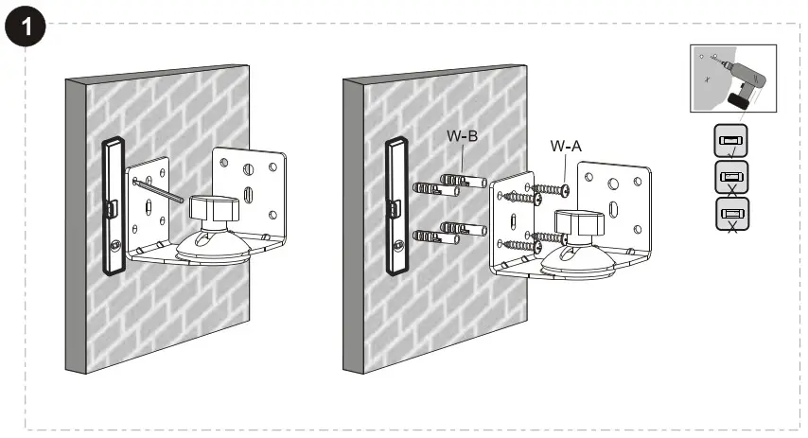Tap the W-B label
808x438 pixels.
(x=462, y=135)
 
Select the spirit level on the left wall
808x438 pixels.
(x=113, y=203)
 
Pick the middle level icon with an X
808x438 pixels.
(x=730, y=177)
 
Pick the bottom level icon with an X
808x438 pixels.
(x=730, y=214)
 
